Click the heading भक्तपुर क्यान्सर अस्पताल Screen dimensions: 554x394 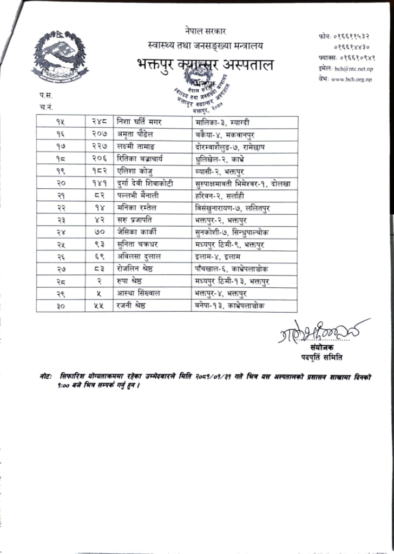205,65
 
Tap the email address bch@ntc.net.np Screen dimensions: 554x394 353,69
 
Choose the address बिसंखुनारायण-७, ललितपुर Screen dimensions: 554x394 234,208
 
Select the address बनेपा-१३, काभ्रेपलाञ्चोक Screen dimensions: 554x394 230,306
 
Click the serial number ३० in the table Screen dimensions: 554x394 61,306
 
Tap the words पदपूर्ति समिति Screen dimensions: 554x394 322,358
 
